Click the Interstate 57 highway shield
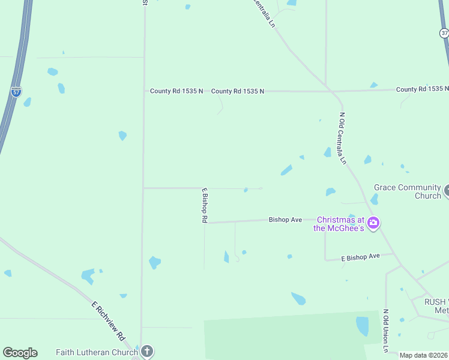pyautogui.click(x=16, y=92)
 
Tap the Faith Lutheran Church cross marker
pyautogui.click(x=146, y=352)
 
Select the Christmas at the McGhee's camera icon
pyautogui.click(x=373, y=223)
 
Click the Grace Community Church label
pyautogui.click(x=408, y=191)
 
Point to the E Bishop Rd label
pyautogui.click(x=204, y=206)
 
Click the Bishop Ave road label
pyautogui.click(x=285, y=220)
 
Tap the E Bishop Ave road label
pyautogui.click(x=360, y=257)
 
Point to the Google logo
pyautogui.click(x=20, y=353)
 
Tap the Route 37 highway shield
pyautogui.click(x=444, y=33)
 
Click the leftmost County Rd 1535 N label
pyautogui.click(x=176, y=91)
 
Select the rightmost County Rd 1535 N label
pyautogui.click(x=422, y=89)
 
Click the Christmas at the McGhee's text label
pyautogui.click(x=340, y=224)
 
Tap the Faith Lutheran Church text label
pyautogui.click(x=97, y=352)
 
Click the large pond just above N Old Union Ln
pyautogui.click(x=362, y=326)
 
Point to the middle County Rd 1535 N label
pyautogui.click(x=238, y=91)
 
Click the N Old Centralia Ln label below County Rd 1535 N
pyautogui.click(x=343, y=139)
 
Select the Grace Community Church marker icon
pyautogui.click(x=447, y=191)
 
